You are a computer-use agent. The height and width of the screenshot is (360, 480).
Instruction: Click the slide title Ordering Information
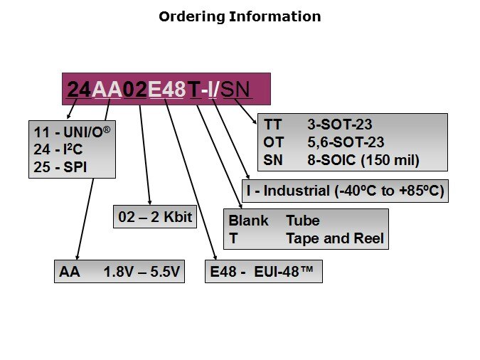pyautogui.click(x=240, y=16)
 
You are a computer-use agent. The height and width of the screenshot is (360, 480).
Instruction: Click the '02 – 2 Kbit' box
pyautogui.click(x=154, y=217)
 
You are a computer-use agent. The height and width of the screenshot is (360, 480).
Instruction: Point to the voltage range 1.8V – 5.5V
pyautogui.click(x=142, y=272)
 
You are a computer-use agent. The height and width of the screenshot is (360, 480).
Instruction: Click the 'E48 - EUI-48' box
pyautogui.click(x=263, y=272)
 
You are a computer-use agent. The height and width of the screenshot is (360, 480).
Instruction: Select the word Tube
pyautogui.click(x=302, y=221)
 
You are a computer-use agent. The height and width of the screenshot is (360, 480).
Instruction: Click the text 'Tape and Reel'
pyautogui.click(x=334, y=239)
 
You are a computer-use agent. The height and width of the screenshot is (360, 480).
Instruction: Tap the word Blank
pyautogui.click(x=248, y=221)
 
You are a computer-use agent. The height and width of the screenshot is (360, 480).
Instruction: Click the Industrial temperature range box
pyautogui.click(x=346, y=191)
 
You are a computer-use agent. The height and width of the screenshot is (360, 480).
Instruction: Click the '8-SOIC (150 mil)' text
pyautogui.click(x=363, y=161)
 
